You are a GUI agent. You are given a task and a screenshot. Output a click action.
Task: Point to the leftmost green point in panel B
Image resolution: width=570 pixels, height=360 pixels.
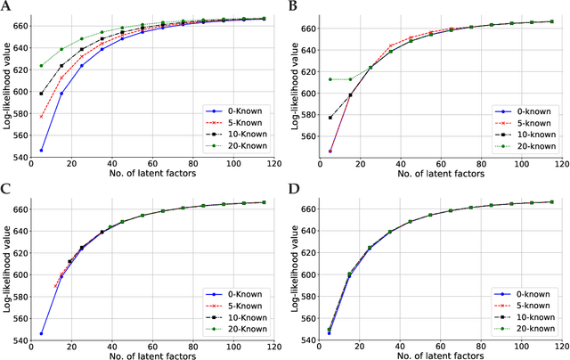pos(330,79)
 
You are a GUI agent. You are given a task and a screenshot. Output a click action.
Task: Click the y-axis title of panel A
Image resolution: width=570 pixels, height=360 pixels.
pos(7,86)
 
